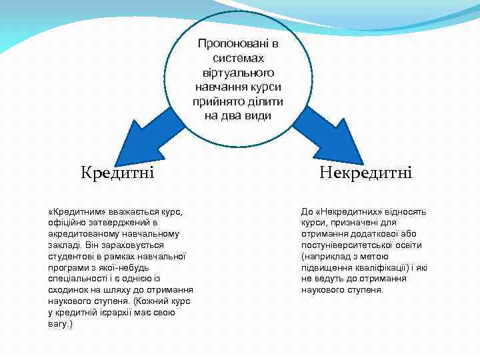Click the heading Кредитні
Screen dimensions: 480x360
click(x=117, y=173)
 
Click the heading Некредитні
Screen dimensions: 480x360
click(x=365, y=173)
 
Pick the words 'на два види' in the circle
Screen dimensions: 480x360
click(x=238, y=115)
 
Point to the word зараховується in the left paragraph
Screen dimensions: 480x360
click(x=119, y=245)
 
